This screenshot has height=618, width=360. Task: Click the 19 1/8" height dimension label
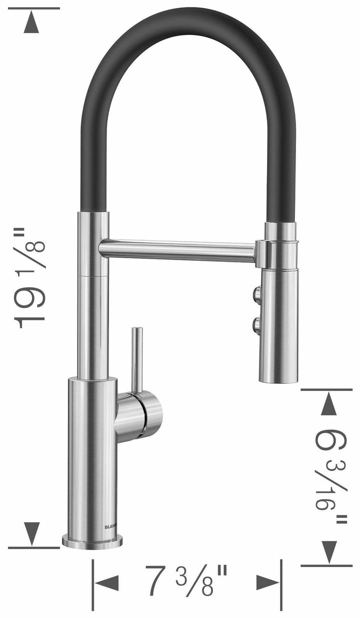tap(31, 278)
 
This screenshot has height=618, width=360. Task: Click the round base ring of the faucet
tap(92, 541)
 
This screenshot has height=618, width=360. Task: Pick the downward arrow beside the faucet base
tap(31, 533)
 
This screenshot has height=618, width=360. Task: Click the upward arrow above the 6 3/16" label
tap(328, 404)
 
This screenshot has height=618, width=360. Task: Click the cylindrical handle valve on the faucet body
tap(140, 413)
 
